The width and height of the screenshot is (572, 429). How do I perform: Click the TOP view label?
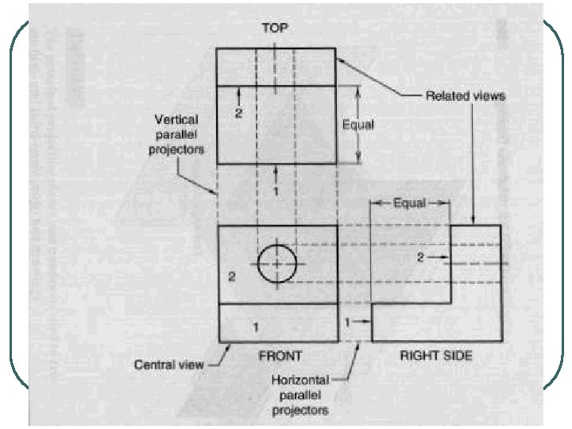(276, 27)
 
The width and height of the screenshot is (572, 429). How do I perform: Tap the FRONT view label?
(280, 355)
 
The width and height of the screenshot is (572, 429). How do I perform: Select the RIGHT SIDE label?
(435, 355)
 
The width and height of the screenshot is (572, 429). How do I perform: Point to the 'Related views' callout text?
(466, 95)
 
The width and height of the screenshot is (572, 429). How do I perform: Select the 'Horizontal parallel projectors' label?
(300, 396)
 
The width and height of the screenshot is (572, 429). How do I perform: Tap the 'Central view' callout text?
(168, 365)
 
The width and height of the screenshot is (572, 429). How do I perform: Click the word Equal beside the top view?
(357, 124)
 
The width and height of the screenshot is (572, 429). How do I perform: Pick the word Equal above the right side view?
(410, 203)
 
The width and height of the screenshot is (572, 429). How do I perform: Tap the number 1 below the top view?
(276, 191)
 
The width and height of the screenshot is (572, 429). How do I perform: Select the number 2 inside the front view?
(232, 277)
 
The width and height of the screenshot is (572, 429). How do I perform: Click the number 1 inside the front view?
(256, 327)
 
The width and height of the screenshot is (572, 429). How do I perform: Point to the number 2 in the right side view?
(423, 257)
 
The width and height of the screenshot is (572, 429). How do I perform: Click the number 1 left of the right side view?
(348, 322)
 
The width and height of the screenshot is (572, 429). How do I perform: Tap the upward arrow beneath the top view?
(276, 172)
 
